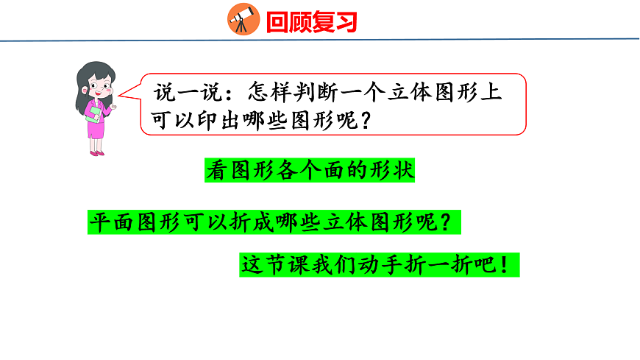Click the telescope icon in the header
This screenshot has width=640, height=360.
(x=243, y=19)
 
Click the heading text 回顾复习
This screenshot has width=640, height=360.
(x=311, y=21)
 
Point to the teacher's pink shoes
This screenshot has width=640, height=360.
(x=97, y=152)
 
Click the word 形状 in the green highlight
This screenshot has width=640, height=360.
(x=393, y=171)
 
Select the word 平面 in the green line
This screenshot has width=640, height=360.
(x=111, y=222)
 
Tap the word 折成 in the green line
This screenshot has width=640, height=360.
(x=238, y=222)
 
